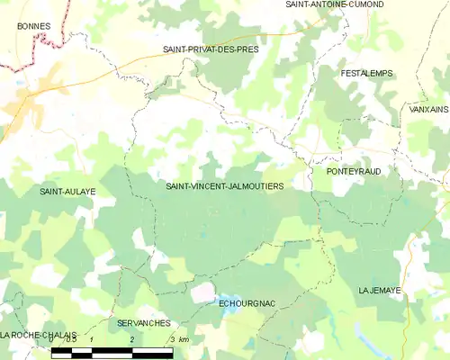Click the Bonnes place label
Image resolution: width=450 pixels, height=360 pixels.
(x=33, y=27)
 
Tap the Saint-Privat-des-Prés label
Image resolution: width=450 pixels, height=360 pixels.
(x=210, y=49)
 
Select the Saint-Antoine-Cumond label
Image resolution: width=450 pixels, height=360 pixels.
(x=334, y=4)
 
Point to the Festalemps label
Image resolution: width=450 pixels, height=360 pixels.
(x=366, y=73)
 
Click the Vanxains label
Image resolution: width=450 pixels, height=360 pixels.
(x=427, y=109)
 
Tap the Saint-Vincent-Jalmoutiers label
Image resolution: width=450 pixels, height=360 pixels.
(x=225, y=186)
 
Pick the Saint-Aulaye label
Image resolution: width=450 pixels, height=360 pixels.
(x=67, y=192)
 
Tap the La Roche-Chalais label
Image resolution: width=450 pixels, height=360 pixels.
(x=38, y=334)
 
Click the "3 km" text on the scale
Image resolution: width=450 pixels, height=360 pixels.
(x=177, y=339)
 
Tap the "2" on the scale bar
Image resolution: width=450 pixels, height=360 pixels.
(x=132, y=339)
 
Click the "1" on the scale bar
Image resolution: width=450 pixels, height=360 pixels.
(x=92, y=339)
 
